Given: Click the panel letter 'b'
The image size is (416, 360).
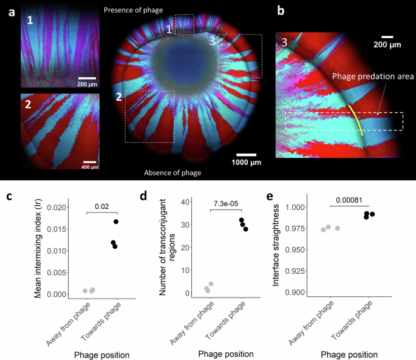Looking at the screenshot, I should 281,10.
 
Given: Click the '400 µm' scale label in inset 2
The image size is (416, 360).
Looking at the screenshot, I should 89,166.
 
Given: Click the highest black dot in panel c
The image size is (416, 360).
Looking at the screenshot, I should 115,222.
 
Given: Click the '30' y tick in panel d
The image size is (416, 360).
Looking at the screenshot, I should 188,225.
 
